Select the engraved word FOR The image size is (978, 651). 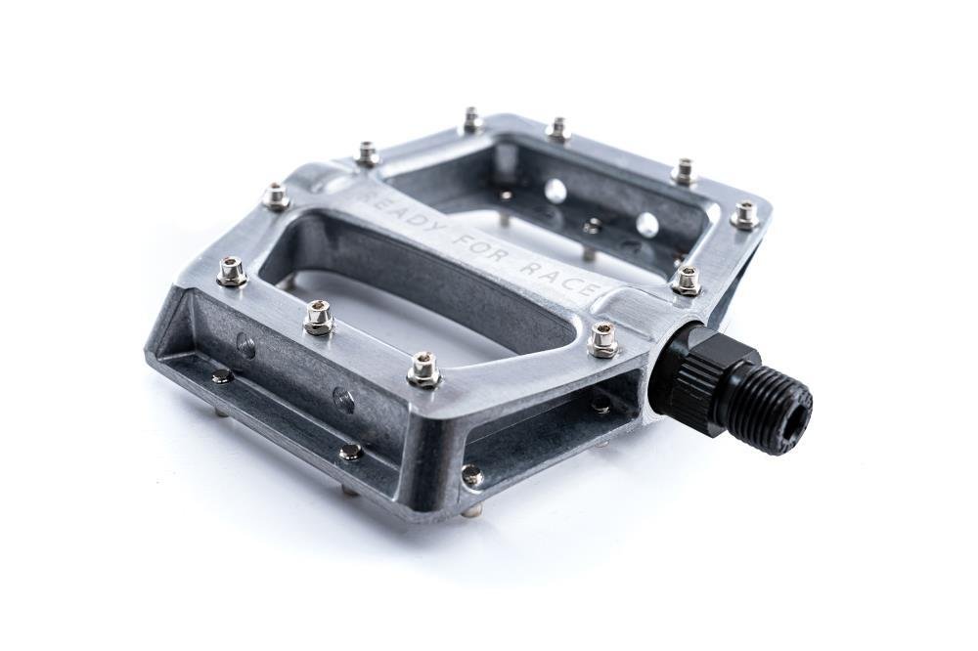pos(492,251)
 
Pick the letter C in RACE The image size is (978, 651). pos(575,282)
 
